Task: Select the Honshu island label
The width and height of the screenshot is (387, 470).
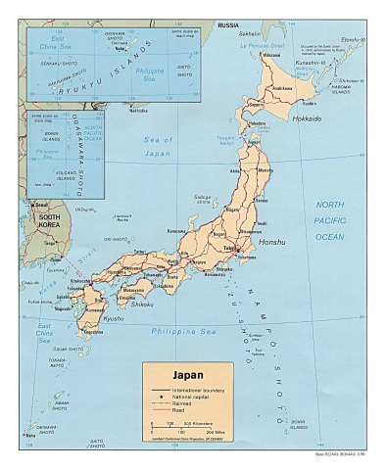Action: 270,241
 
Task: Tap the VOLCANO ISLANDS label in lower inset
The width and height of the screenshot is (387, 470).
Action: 45,177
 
